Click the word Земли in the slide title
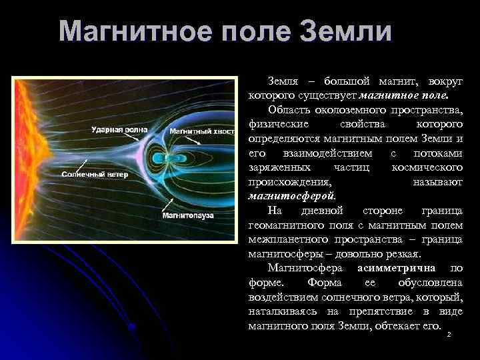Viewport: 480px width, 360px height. click(x=346, y=31)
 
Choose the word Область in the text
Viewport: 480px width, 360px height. click(x=288, y=109)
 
